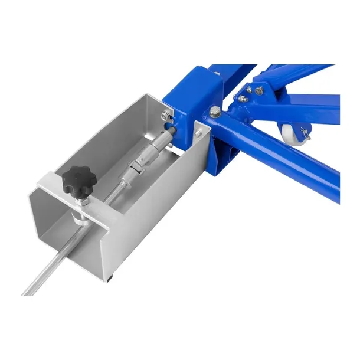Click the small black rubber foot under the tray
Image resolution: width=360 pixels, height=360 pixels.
coord(111,277)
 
